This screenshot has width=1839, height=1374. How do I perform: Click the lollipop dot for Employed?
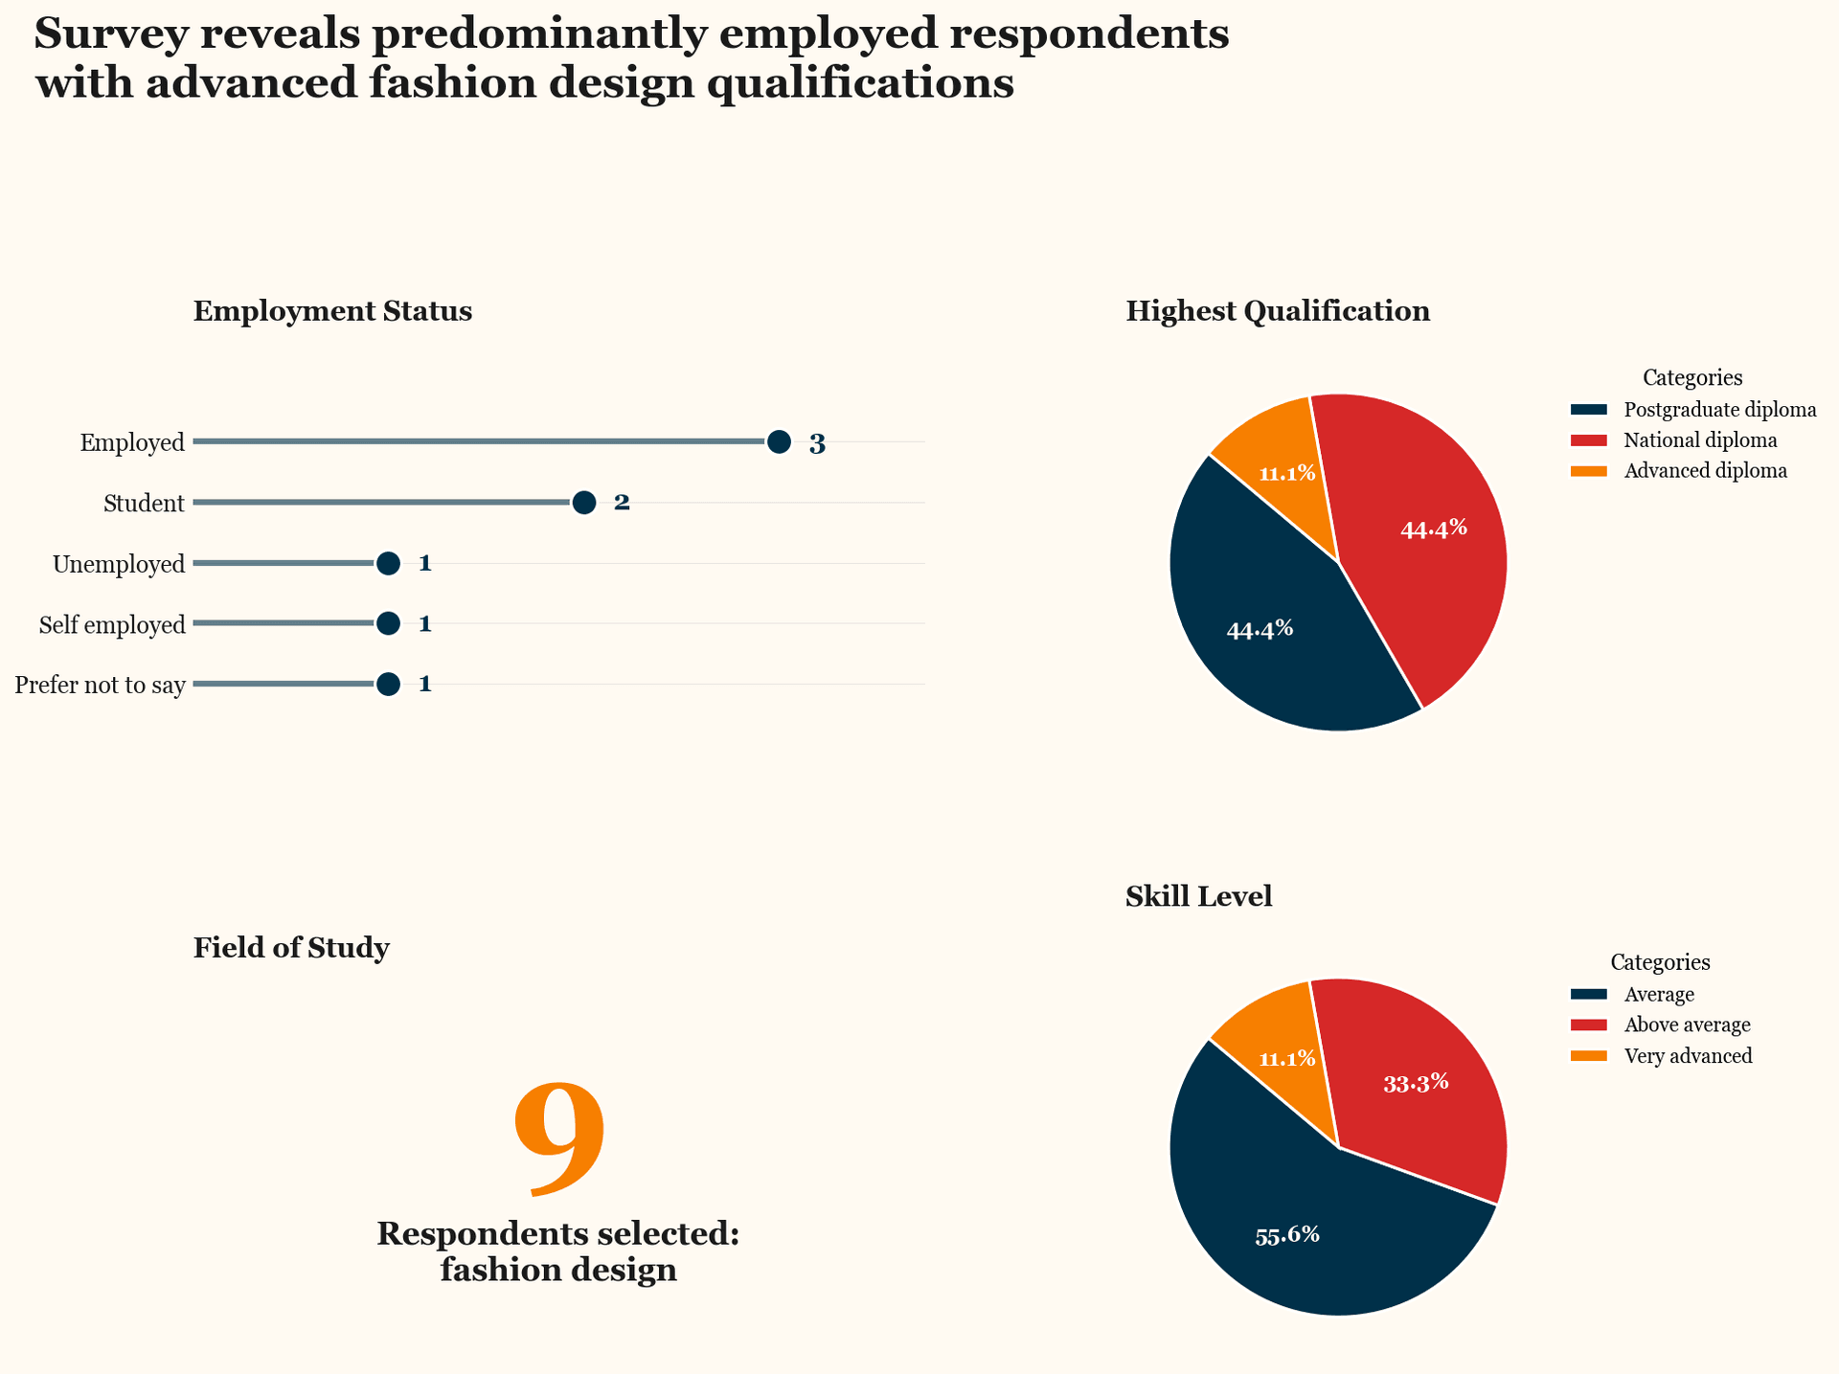tap(779, 442)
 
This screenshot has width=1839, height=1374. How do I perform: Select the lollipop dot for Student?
tap(584, 503)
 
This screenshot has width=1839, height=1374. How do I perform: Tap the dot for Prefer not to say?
tap(388, 685)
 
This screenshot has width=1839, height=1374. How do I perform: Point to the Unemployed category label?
tap(119, 565)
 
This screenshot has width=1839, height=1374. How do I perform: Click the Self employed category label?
tap(112, 625)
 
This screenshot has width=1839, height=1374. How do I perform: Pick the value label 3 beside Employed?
tap(817, 444)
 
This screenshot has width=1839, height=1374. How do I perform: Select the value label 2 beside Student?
tap(622, 503)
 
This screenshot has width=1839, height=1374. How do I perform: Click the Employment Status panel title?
tap(332, 311)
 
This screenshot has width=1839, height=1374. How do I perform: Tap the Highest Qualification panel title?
tap(1278, 311)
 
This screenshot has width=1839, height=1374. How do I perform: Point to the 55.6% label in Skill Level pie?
tap(1287, 1235)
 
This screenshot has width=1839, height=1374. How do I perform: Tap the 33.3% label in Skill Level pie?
tap(1416, 1084)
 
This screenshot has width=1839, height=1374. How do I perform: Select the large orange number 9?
tap(559, 1139)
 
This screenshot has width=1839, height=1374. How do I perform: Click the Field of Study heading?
tap(291, 948)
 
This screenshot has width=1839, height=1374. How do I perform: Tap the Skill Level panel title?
tap(1198, 896)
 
